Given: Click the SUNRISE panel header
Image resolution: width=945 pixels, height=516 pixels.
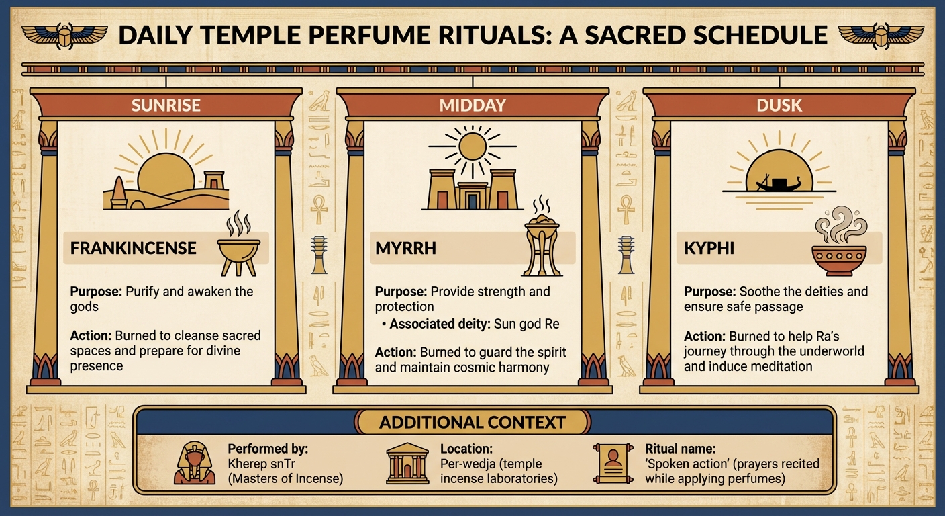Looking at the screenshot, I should pyautogui.click(x=166, y=105).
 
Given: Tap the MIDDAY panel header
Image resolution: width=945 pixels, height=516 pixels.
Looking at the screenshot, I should pyautogui.click(x=472, y=105).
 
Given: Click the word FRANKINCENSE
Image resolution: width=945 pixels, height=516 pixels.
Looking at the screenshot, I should pyautogui.click(x=134, y=248).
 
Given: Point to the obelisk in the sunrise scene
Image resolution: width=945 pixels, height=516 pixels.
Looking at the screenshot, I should pyautogui.click(x=118, y=194).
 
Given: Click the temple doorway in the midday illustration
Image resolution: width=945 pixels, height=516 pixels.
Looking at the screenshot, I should pyautogui.click(x=472, y=200).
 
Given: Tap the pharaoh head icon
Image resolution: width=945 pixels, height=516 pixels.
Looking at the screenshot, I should pyautogui.click(x=195, y=463).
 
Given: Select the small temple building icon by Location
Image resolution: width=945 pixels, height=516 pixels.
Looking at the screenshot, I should pyautogui.click(x=407, y=464).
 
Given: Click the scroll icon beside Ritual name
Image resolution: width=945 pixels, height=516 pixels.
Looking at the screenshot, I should pyautogui.click(x=611, y=463).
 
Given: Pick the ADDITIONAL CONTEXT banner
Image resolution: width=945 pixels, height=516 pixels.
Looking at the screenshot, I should pyautogui.click(x=472, y=423).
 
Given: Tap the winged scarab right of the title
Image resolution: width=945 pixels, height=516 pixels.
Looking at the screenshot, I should pyautogui.click(x=879, y=36).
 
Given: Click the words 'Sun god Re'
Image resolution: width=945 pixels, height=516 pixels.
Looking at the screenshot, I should pyautogui.click(x=526, y=324).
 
